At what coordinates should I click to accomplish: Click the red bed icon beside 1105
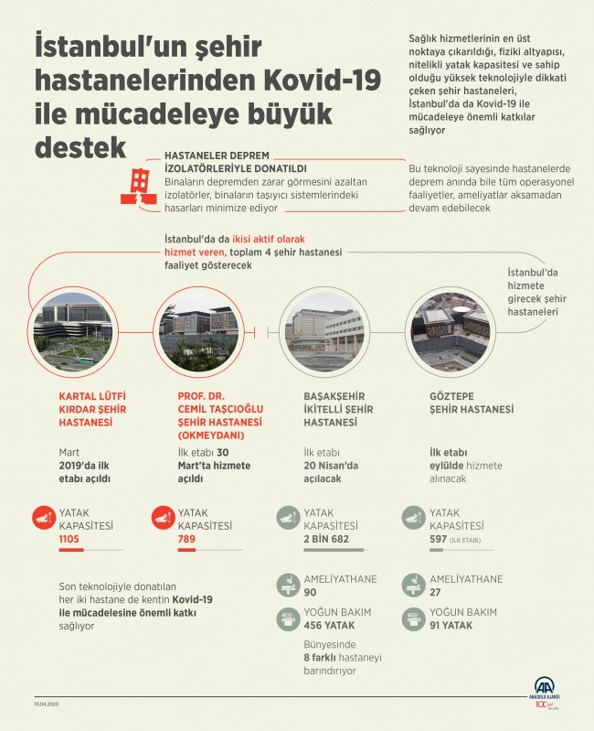[x=43, y=521]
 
